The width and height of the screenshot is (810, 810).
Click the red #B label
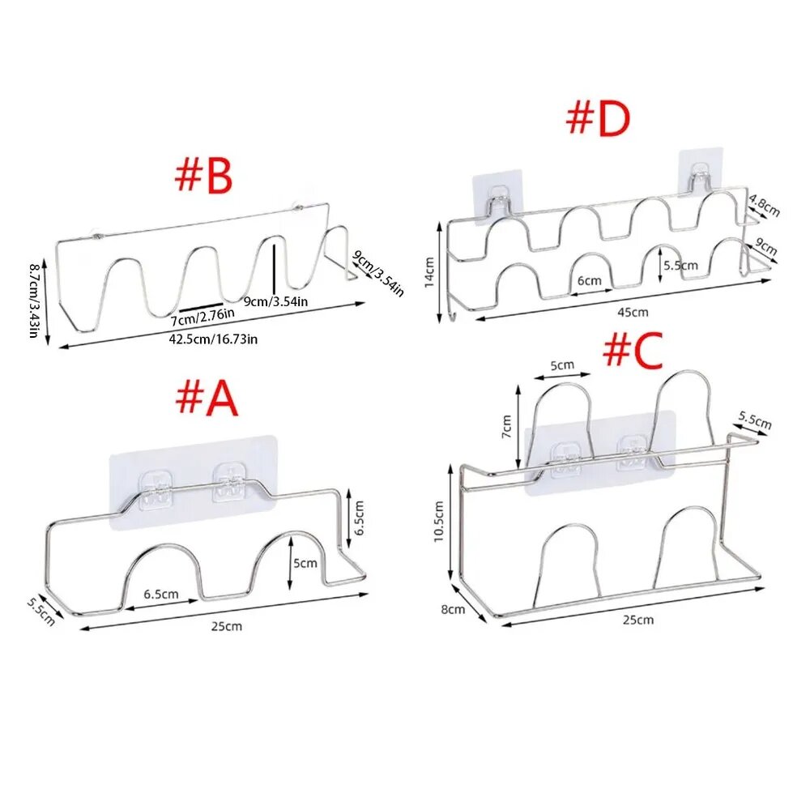(203, 175)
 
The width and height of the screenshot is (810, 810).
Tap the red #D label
(599, 119)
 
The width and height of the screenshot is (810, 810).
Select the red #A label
(207, 399)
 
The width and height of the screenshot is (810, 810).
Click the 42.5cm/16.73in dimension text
(213, 339)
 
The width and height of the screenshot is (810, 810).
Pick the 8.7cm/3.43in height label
(34, 301)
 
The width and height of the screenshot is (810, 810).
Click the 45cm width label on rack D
(633, 312)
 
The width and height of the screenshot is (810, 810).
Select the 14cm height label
(428, 273)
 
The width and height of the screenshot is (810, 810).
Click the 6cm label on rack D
(590, 280)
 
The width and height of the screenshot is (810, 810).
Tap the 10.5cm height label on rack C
(438, 521)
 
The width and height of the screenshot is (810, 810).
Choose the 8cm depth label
(453, 610)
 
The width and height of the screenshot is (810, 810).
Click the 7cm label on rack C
(507, 426)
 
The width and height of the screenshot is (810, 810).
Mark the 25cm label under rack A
(226, 626)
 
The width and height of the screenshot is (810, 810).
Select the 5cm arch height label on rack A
(305, 563)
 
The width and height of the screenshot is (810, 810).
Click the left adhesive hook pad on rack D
(497, 200)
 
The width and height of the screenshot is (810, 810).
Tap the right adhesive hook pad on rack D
(700, 172)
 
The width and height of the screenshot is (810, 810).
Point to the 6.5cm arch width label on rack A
(161, 594)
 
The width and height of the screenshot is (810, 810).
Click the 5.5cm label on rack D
(681, 266)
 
